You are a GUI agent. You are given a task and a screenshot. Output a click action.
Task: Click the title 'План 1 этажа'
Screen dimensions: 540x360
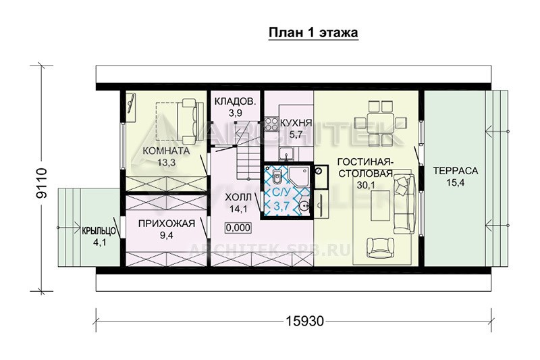[313, 32]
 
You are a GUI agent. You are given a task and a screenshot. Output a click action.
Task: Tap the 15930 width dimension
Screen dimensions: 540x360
[305, 321]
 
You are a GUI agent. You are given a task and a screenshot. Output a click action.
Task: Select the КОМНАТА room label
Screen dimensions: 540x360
[166, 151]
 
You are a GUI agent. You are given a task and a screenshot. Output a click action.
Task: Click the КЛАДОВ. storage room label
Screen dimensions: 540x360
[235, 101]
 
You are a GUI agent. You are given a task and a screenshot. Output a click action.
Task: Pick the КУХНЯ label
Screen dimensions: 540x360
[296, 123]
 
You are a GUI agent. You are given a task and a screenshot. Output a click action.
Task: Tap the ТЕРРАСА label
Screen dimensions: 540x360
[455, 170]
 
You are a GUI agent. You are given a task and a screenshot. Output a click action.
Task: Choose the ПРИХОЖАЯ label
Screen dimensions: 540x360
[167, 224]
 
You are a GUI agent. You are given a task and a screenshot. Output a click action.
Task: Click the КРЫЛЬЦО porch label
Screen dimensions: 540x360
[99, 231]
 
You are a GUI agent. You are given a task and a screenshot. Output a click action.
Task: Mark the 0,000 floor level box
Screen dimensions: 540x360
[238, 228]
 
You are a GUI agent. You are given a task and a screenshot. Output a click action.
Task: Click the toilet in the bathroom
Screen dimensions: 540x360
[276, 177]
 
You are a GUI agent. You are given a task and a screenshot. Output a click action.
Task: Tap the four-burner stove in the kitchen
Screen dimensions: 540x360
[271, 124]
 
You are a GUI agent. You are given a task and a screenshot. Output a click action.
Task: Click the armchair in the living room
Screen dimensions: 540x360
[380, 248]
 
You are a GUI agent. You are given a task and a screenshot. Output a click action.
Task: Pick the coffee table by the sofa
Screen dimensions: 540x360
[381, 205]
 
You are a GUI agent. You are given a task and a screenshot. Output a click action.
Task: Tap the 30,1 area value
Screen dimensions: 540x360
[365, 185]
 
